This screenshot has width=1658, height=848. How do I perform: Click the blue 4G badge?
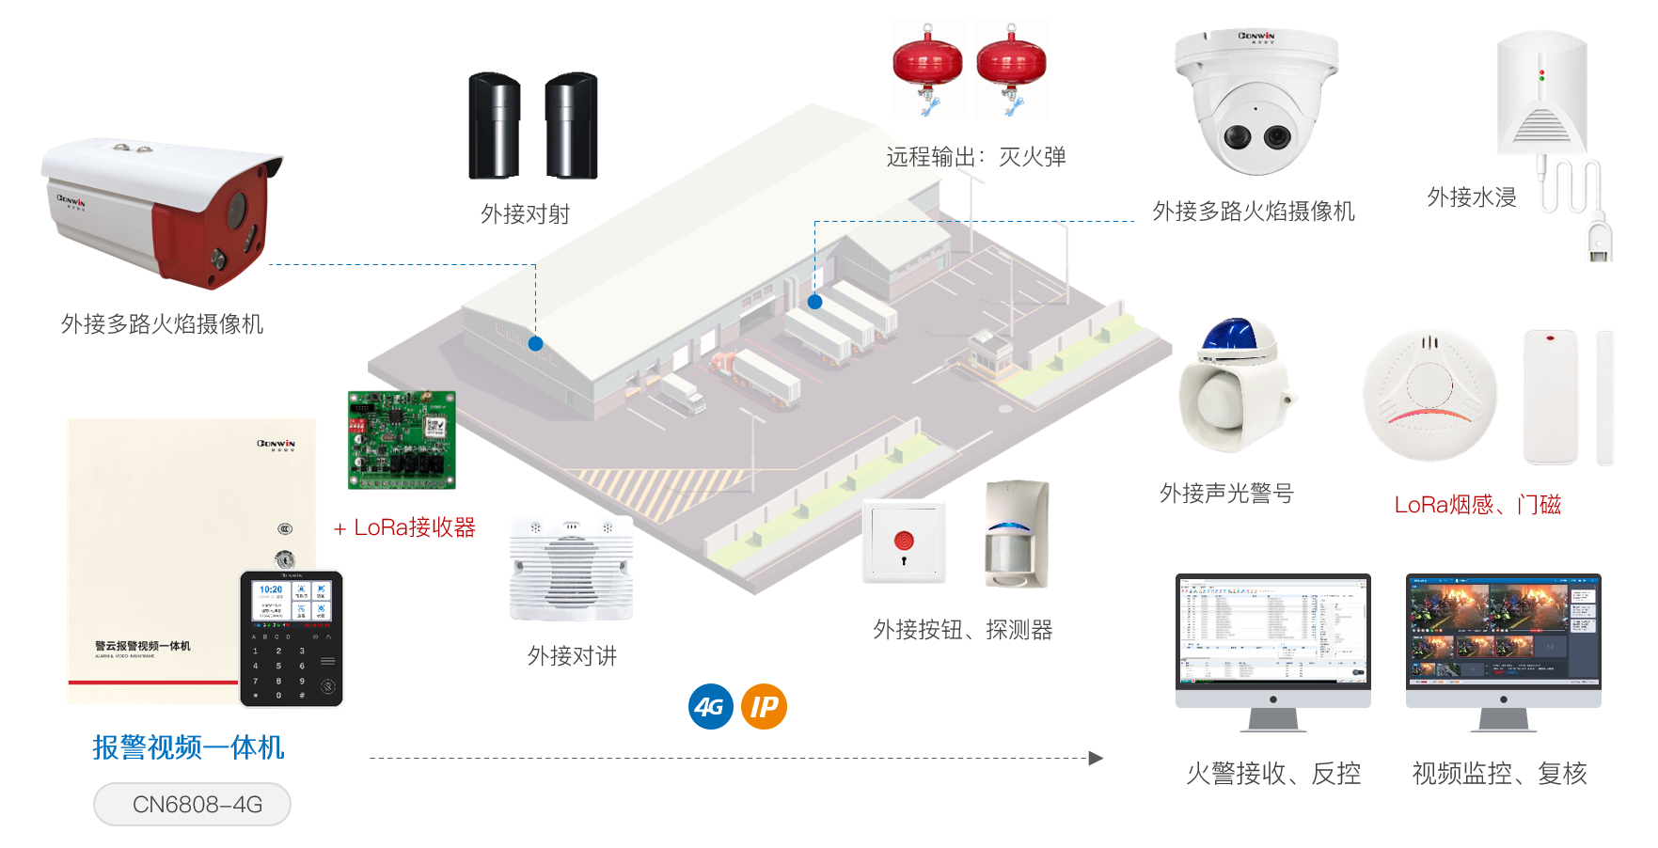point(711,707)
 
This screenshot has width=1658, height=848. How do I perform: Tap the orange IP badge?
point(764,707)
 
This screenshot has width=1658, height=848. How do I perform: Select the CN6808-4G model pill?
point(192,805)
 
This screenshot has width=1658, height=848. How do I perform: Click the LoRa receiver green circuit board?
point(402,440)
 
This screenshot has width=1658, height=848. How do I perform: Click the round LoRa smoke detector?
point(1429,395)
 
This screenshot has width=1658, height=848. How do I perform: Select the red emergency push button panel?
point(904,542)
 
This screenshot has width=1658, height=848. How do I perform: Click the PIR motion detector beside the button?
point(1017,534)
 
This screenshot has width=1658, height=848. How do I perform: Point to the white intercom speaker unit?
point(571,568)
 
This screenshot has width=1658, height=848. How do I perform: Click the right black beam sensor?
point(571,125)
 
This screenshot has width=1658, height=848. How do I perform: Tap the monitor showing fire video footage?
point(1503,630)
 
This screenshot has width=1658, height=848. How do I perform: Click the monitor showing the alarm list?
point(1272,630)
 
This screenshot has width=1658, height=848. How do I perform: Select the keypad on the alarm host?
point(292,639)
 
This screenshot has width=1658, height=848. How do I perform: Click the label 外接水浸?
point(1472,197)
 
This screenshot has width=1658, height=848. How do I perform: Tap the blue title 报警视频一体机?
point(188,747)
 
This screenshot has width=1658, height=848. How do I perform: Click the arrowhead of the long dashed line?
point(1096,758)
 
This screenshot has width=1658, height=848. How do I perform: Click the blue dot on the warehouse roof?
point(535,344)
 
